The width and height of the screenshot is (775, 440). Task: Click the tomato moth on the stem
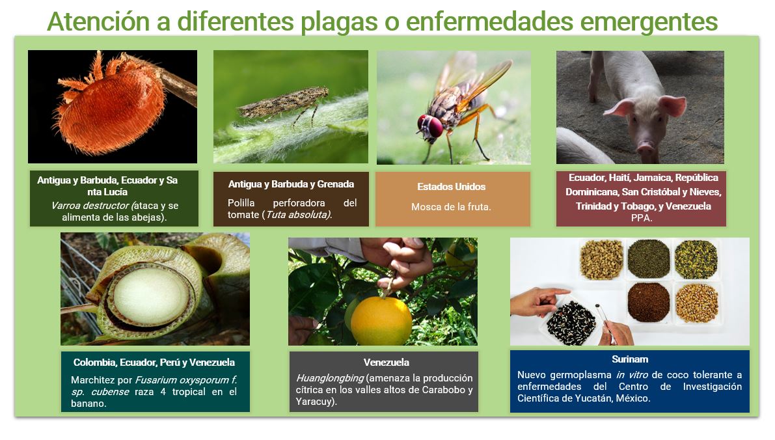[284, 103]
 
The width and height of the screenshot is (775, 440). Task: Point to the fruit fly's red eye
[434, 126]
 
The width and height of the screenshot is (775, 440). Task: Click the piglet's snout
[646, 148]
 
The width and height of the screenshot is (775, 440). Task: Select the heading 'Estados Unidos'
[451, 187]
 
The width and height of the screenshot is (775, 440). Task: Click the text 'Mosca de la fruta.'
[451, 207]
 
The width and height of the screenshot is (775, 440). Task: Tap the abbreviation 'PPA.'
[642, 218]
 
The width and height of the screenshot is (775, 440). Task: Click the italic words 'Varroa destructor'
[90, 206]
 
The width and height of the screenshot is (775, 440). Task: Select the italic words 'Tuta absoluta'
[297, 215]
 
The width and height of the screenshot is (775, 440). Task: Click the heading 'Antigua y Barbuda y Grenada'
[291, 184]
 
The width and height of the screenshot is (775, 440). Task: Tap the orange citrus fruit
[381, 320]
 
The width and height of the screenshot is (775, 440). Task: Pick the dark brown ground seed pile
[649, 302]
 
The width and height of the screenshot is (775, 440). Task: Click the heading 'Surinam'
[630, 359]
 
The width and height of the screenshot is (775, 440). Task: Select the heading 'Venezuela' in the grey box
[386, 363]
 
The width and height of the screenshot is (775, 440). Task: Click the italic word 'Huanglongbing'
[330, 378]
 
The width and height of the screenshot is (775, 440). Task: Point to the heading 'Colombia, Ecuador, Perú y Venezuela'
[154, 363]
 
